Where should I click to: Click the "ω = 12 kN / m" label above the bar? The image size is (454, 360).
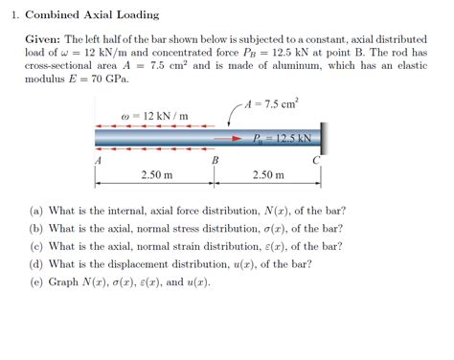(x=155, y=117)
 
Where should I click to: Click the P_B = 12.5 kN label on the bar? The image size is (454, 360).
(x=284, y=138)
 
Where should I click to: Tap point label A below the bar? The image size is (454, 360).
(x=98, y=162)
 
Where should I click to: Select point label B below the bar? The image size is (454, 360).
(x=216, y=162)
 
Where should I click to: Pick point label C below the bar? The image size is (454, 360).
(x=316, y=162)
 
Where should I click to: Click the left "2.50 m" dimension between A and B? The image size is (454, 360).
(x=156, y=175)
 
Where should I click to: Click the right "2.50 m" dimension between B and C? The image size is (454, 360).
(x=268, y=175)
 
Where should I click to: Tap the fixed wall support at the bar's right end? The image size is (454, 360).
(x=320, y=137)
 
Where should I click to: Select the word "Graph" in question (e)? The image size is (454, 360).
(x=63, y=281)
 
